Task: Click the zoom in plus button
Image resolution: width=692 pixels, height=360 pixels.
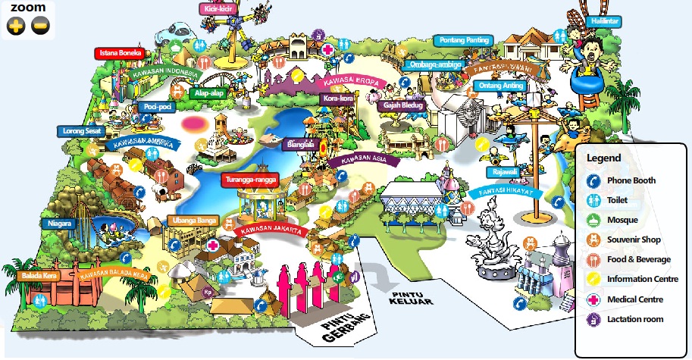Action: coord(16,27)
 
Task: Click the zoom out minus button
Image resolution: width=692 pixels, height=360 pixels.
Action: coord(40,27)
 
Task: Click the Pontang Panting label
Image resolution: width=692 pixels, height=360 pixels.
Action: coord(464,39)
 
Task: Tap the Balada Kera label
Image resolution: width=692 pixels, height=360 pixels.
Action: coord(39,276)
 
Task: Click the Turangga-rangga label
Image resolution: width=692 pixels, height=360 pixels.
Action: coord(249,180)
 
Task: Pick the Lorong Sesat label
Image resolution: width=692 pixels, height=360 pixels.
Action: coord(82,131)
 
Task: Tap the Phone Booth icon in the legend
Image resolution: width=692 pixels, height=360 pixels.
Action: coord(594,181)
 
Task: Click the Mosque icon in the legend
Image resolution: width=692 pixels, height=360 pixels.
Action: coord(594,221)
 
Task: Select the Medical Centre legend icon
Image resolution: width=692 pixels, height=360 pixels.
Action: coord(594,299)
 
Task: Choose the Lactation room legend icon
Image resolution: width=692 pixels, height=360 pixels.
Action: coord(594,319)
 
